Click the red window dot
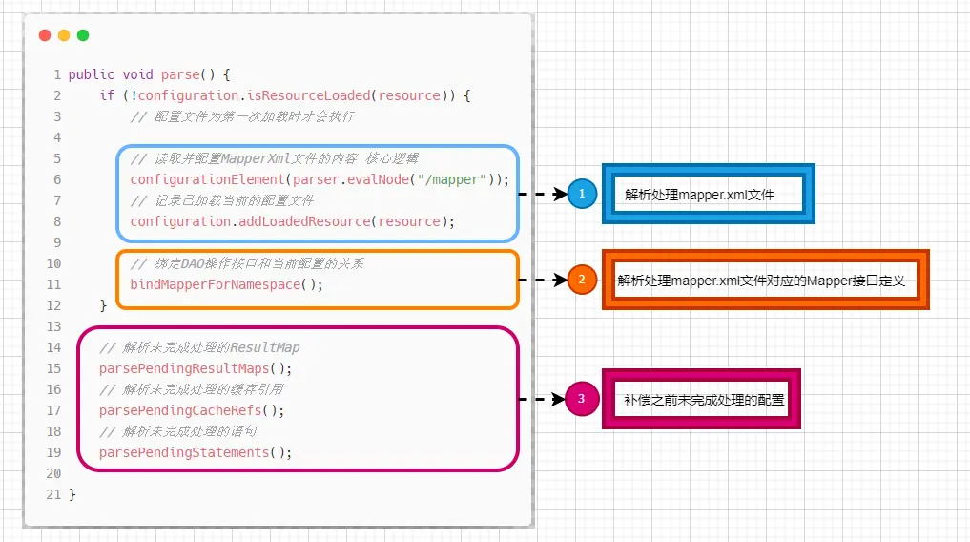pos(45,35)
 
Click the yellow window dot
pos(64,35)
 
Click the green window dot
pos(83,35)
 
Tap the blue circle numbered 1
pos(582,194)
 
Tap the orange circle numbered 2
pos(582,280)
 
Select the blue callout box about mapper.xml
pos(708,194)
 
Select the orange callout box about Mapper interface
pos(765,281)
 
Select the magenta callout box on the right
pos(701,399)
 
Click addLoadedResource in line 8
pos(303,221)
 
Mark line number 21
pos(53,494)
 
